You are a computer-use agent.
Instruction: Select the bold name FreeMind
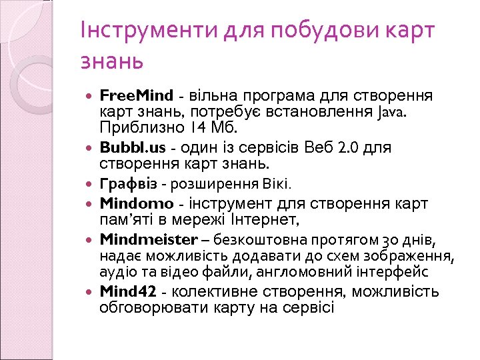click(136, 95)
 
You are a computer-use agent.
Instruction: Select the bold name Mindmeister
click(149, 239)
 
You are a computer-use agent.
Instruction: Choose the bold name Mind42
click(128, 291)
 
